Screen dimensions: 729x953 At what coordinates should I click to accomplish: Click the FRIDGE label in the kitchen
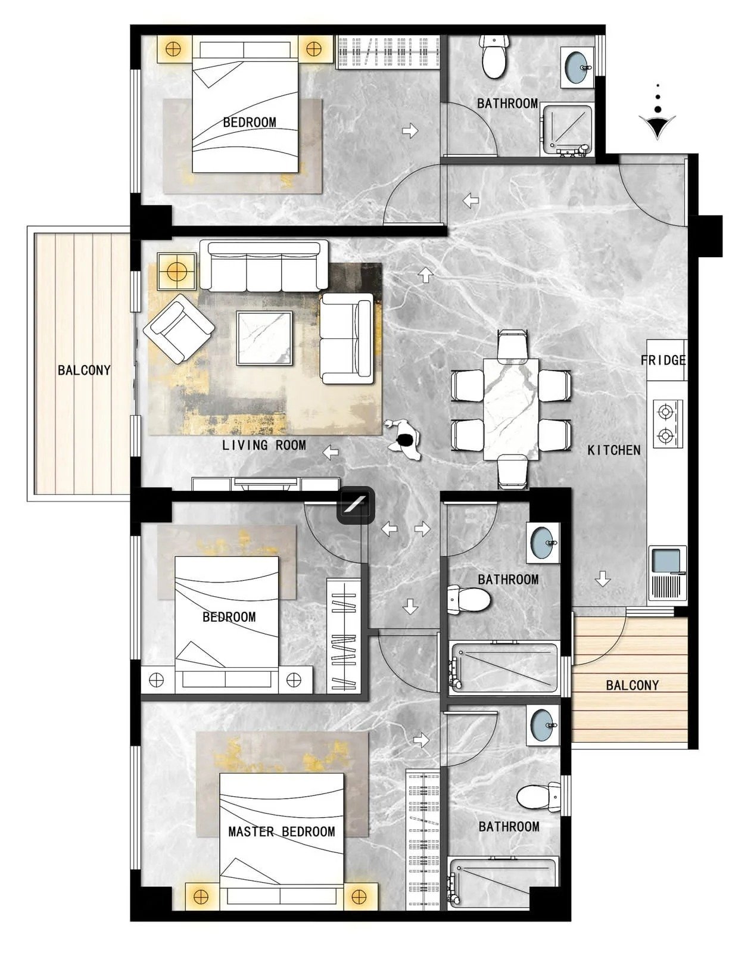tap(663, 360)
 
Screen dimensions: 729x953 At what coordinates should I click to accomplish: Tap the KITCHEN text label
tap(614, 450)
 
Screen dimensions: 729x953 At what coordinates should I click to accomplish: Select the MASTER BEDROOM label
tap(281, 831)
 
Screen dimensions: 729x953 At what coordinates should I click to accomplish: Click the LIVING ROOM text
tap(264, 445)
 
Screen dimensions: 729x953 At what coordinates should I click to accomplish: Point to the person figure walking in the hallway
tap(404, 440)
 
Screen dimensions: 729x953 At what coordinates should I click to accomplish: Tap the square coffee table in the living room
tap(264, 339)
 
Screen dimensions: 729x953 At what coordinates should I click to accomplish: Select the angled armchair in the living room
tap(179, 329)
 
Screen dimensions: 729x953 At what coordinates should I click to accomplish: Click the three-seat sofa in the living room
tap(264, 266)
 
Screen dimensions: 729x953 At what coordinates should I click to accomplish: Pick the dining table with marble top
tap(510, 409)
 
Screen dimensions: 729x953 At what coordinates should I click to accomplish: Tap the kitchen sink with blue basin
tap(667, 574)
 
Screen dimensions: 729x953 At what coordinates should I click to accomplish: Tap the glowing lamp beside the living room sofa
tap(177, 272)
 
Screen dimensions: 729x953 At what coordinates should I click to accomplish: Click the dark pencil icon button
tap(356, 505)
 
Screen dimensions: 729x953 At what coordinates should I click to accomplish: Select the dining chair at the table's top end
tap(512, 346)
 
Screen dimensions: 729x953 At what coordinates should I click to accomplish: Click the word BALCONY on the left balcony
tap(84, 370)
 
